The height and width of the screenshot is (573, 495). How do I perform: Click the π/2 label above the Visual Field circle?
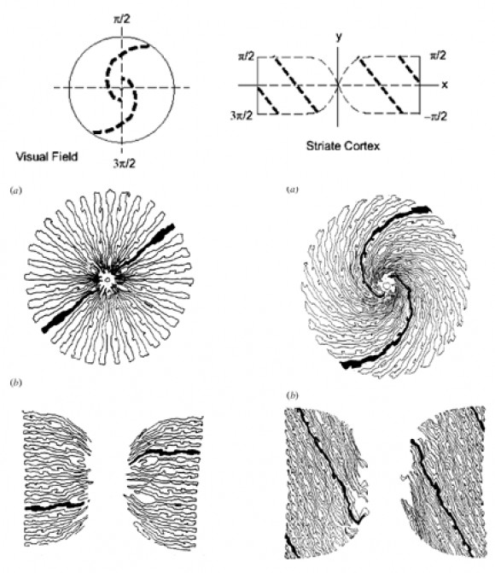coord(122,19)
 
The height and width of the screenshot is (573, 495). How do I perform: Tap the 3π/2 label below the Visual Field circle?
coord(124,163)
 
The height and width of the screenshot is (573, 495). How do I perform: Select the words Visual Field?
coord(47,157)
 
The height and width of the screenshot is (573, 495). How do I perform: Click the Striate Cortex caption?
coord(343,146)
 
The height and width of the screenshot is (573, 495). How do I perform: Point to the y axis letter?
coord(339,38)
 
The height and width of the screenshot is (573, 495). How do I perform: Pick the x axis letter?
coord(445,85)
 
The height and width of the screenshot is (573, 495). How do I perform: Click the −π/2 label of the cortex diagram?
coord(436,117)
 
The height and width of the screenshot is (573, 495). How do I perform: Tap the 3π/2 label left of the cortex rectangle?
coord(242,116)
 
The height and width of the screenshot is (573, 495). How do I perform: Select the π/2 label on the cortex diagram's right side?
coord(438,56)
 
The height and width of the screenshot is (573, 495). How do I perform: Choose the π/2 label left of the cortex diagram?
coord(247,56)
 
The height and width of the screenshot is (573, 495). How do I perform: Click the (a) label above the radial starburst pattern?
coord(16,190)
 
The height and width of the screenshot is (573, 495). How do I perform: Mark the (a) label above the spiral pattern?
coord(292,190)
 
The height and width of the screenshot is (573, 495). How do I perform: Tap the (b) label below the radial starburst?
coord(16,383)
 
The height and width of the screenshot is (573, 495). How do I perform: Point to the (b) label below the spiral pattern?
coord(292,395)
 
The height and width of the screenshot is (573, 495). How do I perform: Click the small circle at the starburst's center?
coord(107,280)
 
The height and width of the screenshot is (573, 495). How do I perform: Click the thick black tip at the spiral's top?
coord(420,209)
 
